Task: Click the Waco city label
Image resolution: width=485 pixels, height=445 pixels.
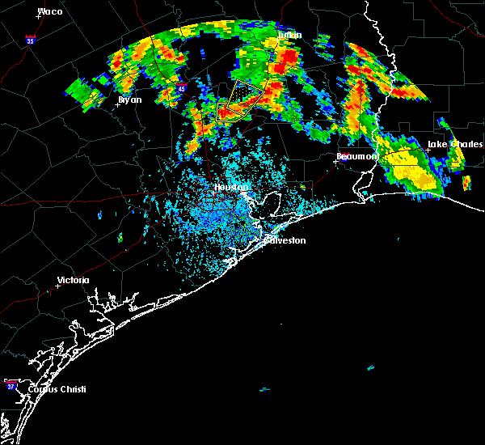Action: [x=50, y=12]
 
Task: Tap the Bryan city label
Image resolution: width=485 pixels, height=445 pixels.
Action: [x=129, y=100]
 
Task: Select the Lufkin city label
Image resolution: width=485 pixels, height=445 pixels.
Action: [x=289, y=36]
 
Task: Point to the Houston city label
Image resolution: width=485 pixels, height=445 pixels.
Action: [x=230, y=188]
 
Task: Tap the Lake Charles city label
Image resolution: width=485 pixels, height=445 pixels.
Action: [x=454, y=145]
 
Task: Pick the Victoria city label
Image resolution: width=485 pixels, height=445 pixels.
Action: [x=73, y=281]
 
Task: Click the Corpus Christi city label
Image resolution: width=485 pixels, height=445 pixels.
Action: [x=56, y=389]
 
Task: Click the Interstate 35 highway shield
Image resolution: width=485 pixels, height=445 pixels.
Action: [x=31, y=39]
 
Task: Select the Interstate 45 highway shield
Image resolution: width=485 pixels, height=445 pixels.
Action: [x=180, y=89]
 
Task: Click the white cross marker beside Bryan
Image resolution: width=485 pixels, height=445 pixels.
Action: [x=118, y=104]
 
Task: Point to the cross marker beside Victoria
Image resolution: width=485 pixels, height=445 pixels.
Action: [x=58, y=286]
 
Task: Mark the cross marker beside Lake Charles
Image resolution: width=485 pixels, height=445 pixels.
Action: [x=428, y=150]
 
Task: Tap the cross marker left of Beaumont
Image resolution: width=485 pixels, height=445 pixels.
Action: [x=335, y=161]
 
